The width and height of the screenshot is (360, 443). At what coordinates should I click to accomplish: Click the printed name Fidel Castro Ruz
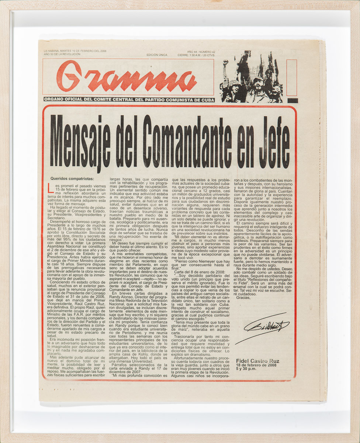coord(258,361)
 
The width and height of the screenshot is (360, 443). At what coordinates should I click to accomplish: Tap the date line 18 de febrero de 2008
coord(256,365)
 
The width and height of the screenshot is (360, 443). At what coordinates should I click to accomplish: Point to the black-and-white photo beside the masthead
coord(252,77)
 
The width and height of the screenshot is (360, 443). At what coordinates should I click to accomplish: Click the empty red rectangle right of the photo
coord(292,78)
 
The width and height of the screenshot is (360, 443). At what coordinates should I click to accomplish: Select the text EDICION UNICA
coord(157,55)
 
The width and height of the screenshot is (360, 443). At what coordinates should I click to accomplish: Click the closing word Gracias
coord(243,298)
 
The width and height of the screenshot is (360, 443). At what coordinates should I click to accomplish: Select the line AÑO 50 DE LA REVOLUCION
coord(62,54)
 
